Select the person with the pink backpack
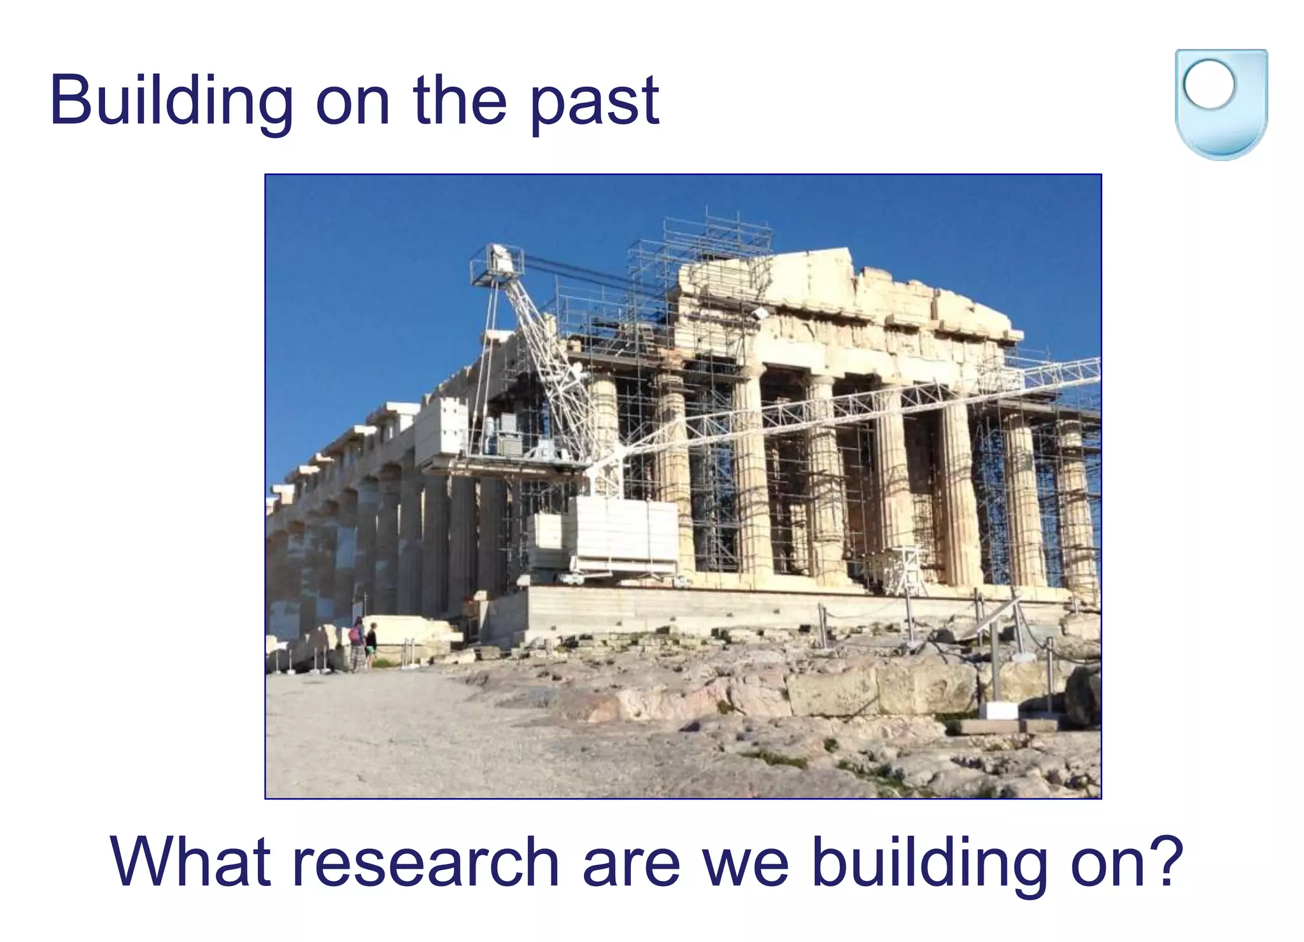[x=357, y=643]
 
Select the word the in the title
[x=459, y=102]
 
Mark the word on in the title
[x=352, y=102]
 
